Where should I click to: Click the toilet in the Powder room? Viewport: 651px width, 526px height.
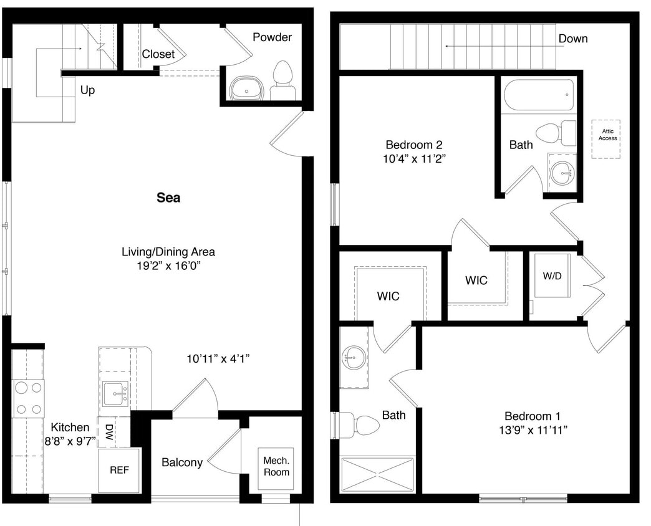coord(283,81)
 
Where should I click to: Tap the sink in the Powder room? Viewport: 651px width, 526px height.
coord(246,89)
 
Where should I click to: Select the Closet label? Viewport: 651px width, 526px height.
coord(158,54)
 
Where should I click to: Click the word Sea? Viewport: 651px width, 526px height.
coord(168,198)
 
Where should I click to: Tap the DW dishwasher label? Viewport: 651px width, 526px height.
coord(109,431)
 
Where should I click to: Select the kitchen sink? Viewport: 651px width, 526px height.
coord(116,394)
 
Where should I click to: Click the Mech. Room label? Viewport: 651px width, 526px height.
coord(276,466)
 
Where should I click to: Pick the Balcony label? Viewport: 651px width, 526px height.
coord(181,462)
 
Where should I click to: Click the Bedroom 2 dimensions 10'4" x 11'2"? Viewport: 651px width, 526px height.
coord(415,158)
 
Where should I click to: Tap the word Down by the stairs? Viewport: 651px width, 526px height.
coord(572,39)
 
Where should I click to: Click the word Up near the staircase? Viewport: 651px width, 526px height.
coord(87,90)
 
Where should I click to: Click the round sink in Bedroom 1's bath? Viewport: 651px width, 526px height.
coord(354,358)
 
